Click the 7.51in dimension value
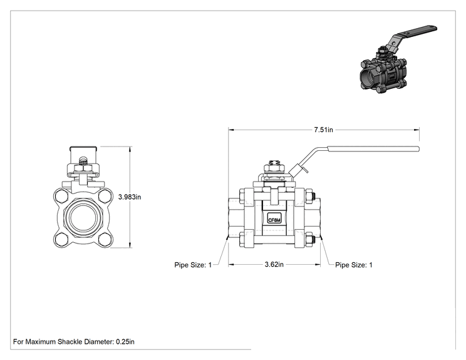(x=323, y=130)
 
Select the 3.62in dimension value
(x=274, y=264)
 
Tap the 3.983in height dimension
(x=130, y=197)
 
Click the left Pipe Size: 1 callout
(x=193, y=265)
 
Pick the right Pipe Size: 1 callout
(x=354, y=265)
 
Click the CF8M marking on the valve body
(x=274, y=220)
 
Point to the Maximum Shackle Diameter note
(x=74, y=342)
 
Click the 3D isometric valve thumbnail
(x=398, y=59)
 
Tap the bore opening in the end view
(x=83, y=220)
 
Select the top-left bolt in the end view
(x=61, y=196)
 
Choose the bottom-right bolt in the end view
(x=105, y=240)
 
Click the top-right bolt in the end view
(x=105, y=196)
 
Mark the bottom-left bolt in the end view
(x=61, y=240)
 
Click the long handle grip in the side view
(x=373, y=149)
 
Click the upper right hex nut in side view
(x=310, y=196)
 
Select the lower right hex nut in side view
(x=310, y=239)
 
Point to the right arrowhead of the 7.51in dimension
(x=417, y=130)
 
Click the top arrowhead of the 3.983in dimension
(x=130, y=149)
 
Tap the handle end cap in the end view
(x=83, y=148)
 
